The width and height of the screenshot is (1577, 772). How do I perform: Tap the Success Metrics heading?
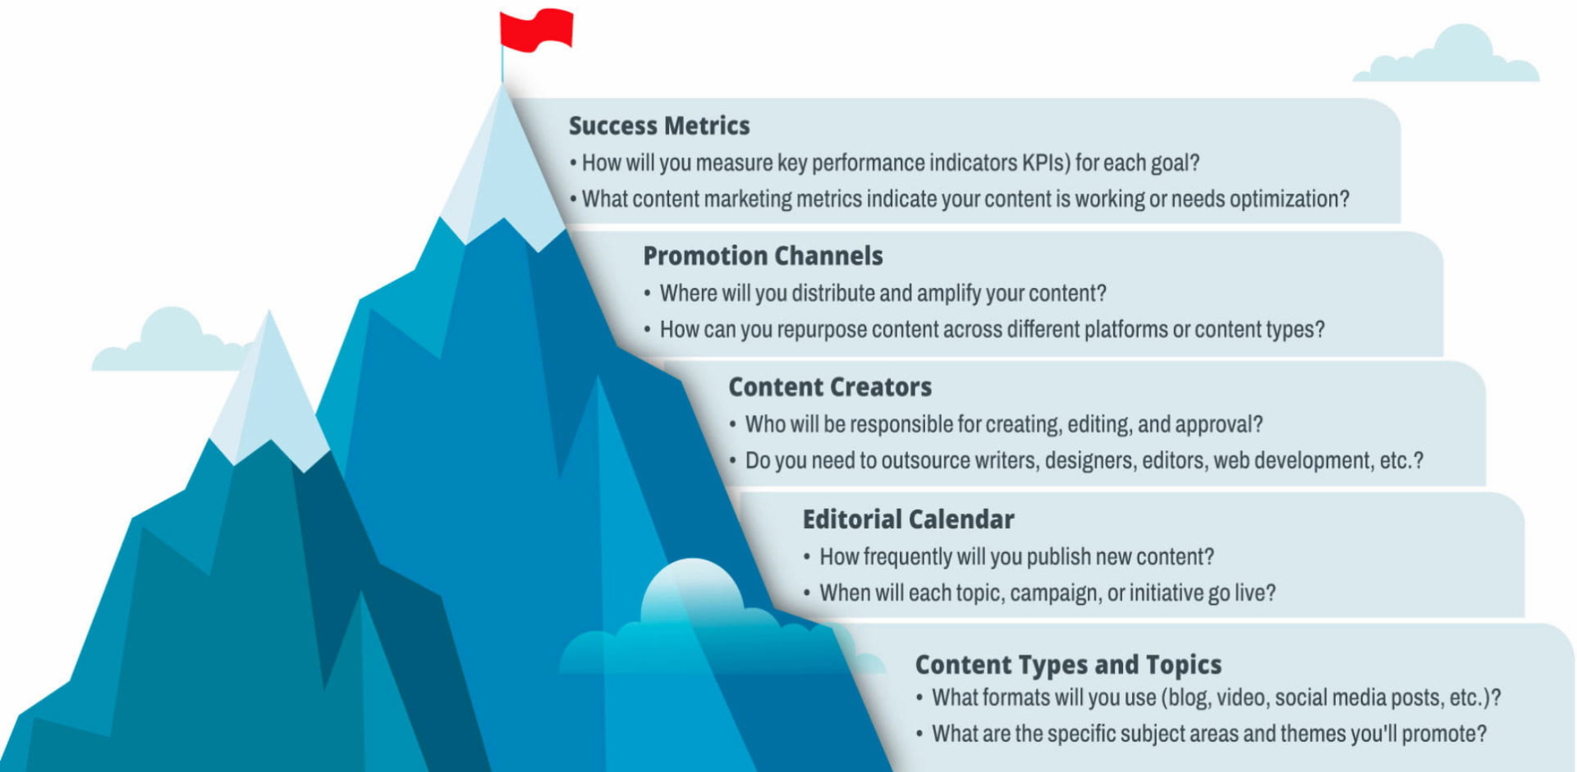pos(659,126)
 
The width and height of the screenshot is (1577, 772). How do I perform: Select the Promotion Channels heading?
pos(763,256)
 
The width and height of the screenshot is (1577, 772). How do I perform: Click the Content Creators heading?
pos(830,387)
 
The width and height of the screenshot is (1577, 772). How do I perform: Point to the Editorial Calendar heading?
pos(908,519)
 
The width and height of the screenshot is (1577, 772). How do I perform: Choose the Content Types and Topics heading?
pos(1068,665)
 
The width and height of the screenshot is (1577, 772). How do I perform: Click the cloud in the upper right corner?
pos(1447,55)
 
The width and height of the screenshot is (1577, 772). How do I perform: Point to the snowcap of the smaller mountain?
pos(268,395)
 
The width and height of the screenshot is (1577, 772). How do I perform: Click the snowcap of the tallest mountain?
pos(501,172)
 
